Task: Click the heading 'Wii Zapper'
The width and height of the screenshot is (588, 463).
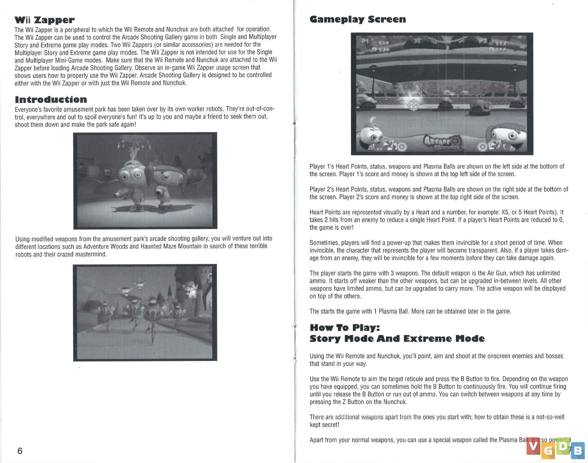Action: click(x=44, y=20)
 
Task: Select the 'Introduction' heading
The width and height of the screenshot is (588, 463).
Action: click(x=51, y=99)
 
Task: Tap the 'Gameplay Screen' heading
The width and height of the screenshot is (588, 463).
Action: click(x=358, y=19)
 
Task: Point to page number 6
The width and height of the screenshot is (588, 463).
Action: click(x=20, y=451)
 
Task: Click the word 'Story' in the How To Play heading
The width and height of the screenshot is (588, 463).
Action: click(x=325, y=339)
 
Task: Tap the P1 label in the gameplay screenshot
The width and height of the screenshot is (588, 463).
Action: click(x=365, y=41)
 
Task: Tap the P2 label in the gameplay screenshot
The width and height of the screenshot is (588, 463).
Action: click(x=482, y=40)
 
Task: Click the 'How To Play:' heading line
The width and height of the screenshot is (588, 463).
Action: click(x=345, y=327)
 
